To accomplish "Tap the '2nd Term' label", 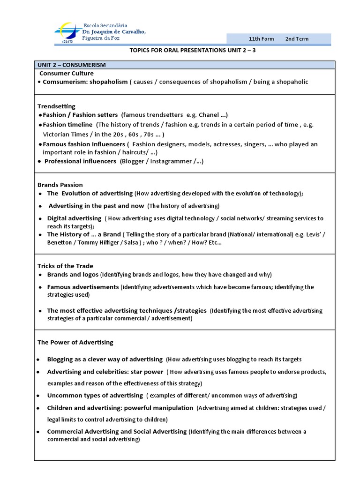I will (x=297, y=39).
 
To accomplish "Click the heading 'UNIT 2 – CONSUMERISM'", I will (x=71, y=65).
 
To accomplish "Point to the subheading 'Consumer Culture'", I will (x=66, y=73).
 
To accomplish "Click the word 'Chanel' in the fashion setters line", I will (x=209, y=115).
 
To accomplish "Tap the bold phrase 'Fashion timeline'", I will (x=67, y=125).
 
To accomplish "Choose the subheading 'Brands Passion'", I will (x=60, y=185).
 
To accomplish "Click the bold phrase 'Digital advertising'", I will (x=74, y=218).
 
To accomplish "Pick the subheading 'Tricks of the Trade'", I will (x=65, y=266).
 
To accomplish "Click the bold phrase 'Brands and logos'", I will (x=73, y=274).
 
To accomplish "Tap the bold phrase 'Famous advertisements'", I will (x=82, y=286).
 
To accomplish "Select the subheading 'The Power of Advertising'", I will (x=75, y=342).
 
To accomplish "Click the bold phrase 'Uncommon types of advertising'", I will (x=95, y=395).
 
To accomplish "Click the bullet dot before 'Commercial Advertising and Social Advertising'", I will (x=37, y=432).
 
